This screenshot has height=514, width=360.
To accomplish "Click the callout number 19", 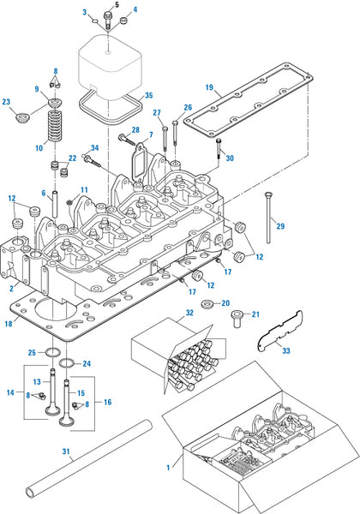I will point(208,87).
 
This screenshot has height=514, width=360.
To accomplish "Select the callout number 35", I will point(147,95).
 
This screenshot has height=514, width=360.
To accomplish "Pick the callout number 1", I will point(168,469).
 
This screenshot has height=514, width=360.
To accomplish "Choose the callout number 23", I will point(7,103).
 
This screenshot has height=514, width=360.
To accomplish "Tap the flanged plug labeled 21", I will point(234,320).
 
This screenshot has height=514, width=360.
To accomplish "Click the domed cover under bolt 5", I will point(109,59).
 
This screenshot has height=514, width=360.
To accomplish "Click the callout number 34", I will point(94,148).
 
